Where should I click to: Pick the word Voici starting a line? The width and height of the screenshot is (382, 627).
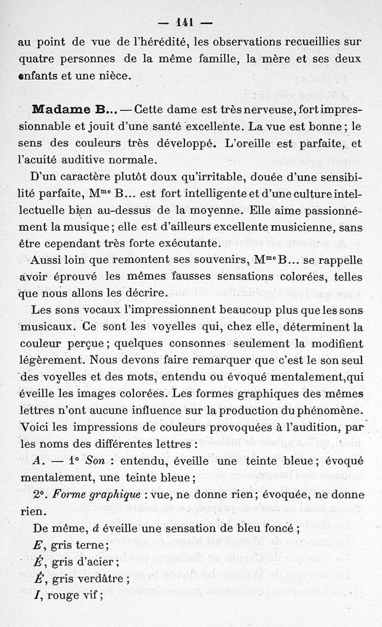point(37,427)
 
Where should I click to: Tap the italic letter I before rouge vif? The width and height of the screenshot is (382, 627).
point(37,595)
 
